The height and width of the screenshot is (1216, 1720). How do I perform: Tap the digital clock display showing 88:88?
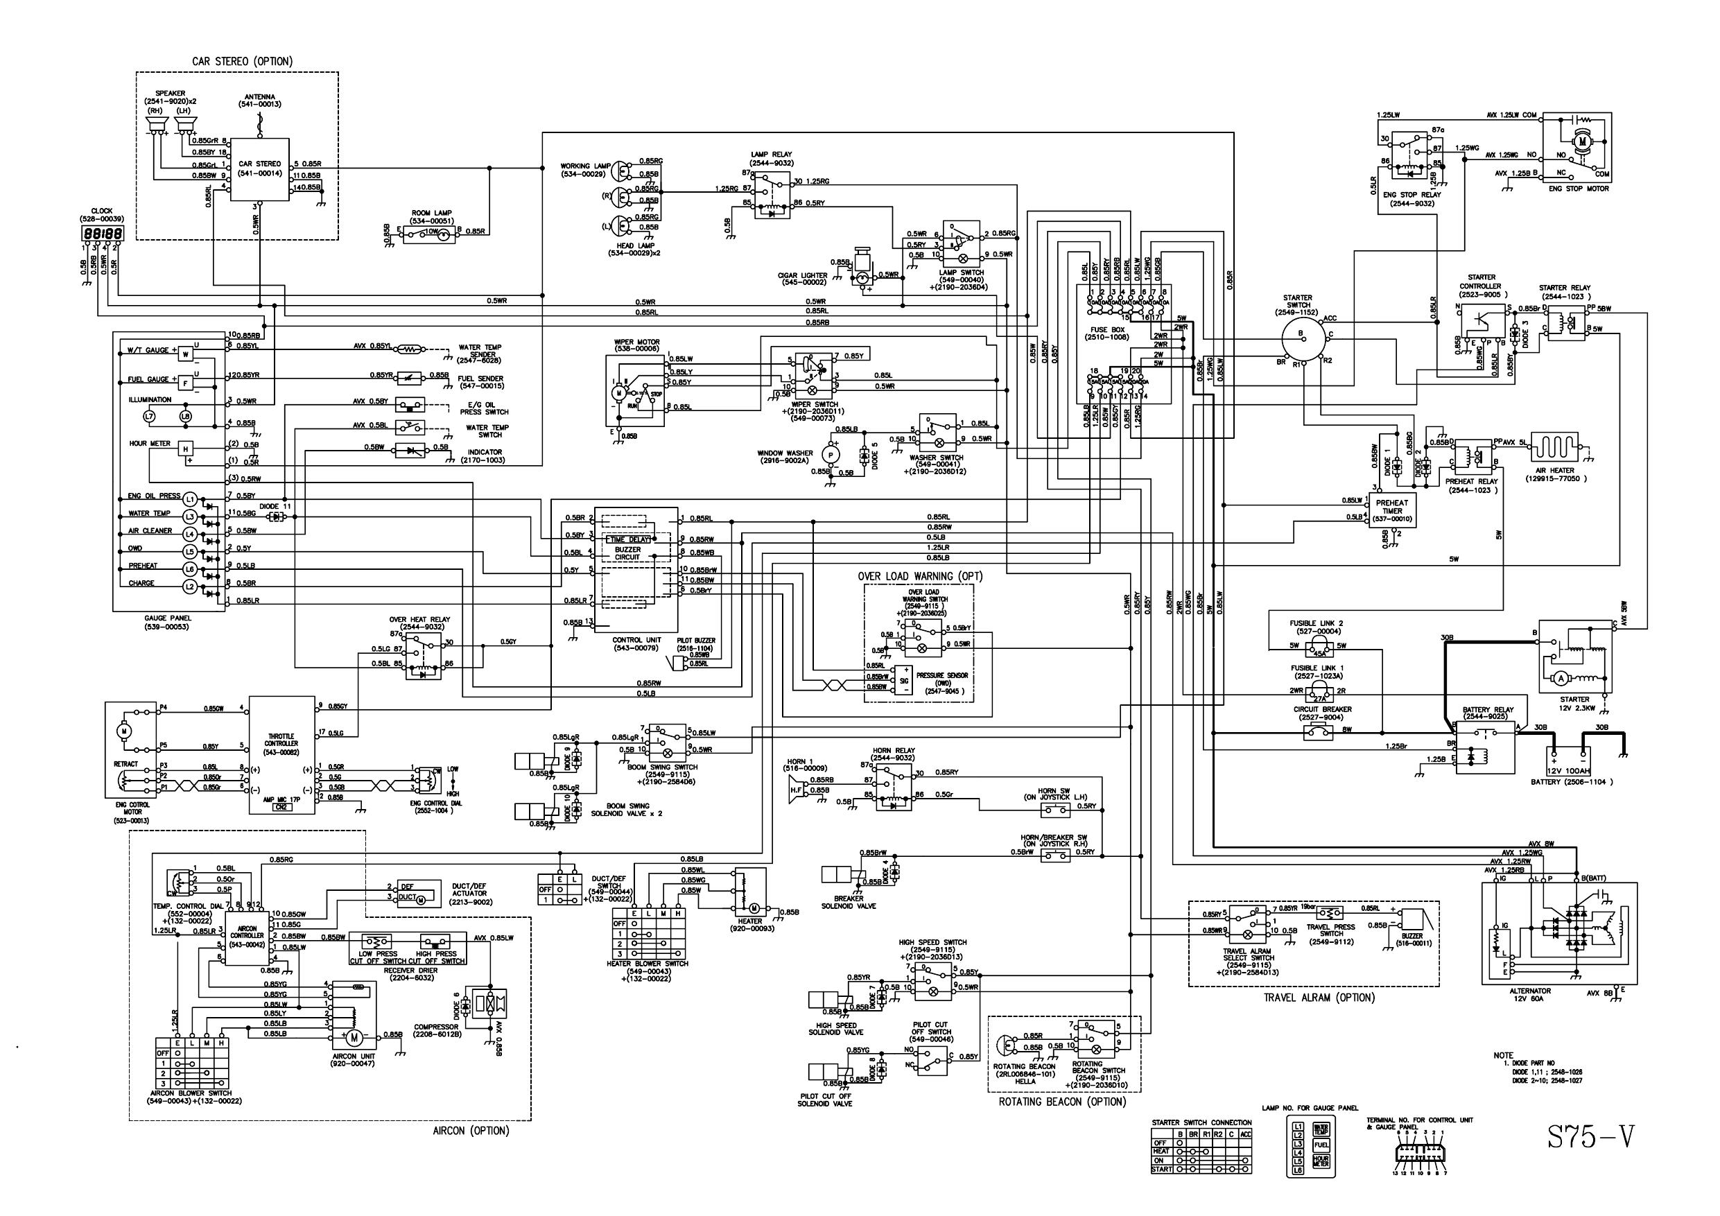tap(102, 234)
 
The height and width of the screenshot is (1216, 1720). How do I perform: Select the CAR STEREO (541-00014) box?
tap(259, 169)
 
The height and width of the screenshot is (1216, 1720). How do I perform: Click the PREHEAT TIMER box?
tap(1392, 511)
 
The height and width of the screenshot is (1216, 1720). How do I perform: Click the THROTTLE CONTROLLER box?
tap(281, 754)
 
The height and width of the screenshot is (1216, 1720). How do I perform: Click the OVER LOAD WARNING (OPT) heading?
tap(920, 576)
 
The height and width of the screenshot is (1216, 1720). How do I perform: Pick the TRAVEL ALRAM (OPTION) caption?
tap(1319, 998)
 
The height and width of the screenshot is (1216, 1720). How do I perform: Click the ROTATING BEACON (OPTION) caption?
tap(1061, 1102)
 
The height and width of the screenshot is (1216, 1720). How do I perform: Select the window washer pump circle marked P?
tap(830, 454)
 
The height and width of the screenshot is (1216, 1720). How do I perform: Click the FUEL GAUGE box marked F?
tap(186, 383)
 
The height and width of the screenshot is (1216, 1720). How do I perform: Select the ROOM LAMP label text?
tap(431, 213)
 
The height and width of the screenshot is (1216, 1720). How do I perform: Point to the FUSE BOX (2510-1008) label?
tap(1107, 333)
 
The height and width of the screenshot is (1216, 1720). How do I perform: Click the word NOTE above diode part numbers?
tap(1503, 1055)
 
